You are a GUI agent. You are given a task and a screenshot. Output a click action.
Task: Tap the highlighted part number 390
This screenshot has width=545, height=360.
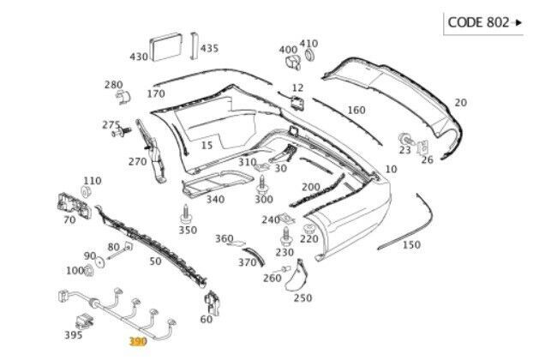pyautogui.click(x=138, y=340)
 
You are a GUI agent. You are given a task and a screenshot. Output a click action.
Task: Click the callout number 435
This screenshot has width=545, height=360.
pyautogui.click(x=209, y=48)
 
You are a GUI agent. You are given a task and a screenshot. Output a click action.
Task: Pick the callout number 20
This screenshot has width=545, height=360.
pyautogui.click(x=460, y=103)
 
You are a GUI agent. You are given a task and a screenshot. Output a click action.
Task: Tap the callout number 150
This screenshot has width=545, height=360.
pyautogui.click(x=411, y=244)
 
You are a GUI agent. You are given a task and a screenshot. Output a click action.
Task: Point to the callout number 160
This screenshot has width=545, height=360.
pyautogui.click(x=356, y=110)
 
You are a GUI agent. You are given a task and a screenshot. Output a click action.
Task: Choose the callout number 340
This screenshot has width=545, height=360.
pyautogui.click(x=215, y=199)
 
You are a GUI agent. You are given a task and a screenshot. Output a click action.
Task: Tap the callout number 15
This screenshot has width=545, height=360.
pyautogui.click(x=206, y=145)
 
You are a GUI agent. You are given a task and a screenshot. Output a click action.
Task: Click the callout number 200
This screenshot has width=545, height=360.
pyautogui.click(x=310, y=187)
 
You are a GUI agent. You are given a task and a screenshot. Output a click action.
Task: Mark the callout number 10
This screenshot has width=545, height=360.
pyautogui.click(x=391, y=170)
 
